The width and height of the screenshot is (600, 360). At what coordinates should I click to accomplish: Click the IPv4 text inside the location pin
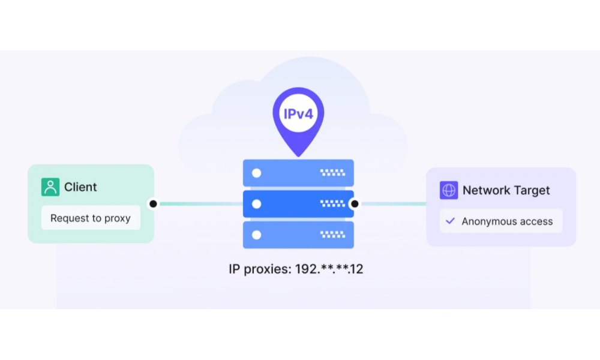point(298,113)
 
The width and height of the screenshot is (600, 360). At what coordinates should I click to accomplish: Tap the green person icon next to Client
point(50,187)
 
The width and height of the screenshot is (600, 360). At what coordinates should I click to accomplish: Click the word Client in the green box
point(80,187)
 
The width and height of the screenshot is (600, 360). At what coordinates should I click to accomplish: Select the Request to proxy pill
point(91,218)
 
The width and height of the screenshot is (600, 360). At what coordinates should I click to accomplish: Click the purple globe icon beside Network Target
point(449,190)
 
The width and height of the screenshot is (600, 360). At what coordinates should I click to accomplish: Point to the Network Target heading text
point(506,190)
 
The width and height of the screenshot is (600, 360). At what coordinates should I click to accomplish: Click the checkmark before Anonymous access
point(450,221)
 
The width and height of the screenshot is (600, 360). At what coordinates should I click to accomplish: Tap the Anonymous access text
point(507,221)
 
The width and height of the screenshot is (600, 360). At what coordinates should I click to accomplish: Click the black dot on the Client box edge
point(153,204)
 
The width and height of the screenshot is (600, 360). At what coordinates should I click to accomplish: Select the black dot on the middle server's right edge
point(355,204)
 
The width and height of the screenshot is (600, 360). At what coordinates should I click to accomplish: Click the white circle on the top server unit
point(257,173)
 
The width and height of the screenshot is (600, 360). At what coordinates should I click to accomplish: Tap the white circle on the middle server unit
point(257,204)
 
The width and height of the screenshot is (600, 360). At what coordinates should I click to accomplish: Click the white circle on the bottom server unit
point(257,235)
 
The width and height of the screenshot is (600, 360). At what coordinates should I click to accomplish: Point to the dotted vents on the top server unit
point(332,173)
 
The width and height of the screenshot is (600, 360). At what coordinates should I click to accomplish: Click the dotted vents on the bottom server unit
point(332,235)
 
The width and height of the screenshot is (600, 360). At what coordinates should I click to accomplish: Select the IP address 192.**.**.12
point(329,269)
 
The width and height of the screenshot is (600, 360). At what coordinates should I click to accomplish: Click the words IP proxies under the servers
point(259,269)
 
